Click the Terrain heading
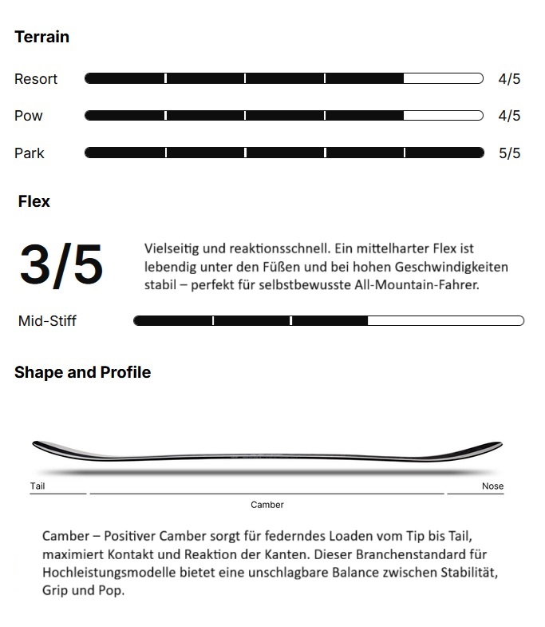click(x=41, y=37)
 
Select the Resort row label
click(x=36, y=79)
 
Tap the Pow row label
click(x=29, y=116)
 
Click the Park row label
click(x=30, y=153)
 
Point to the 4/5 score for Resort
click(x=509, y=79)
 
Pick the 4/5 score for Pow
click(x=509, y=116)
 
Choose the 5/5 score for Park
click(x=509, y=153)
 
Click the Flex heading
click(x=34, y=201)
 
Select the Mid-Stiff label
click(x=47, y=321)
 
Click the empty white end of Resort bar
click(x=443, y=78)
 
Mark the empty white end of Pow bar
click(x=443, y=116)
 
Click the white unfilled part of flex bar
click(x=445, y=321)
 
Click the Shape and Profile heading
click(x=82, y=372)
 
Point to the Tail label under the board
click(x=38, y=486)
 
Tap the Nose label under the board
click(x=492, y=486)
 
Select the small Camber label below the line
click(x=267, y=505)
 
